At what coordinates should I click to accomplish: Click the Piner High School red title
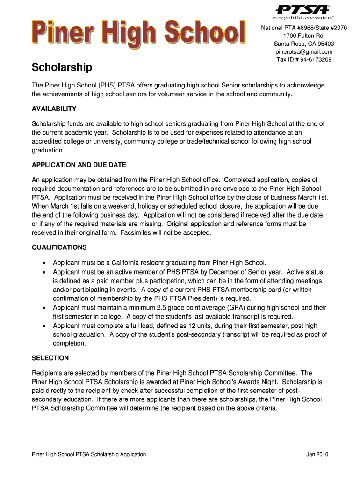[139, 34]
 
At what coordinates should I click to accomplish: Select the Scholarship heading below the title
[62, 68]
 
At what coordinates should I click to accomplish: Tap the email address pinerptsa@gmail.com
[304, 52]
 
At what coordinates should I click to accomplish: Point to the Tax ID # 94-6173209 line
[304, 60]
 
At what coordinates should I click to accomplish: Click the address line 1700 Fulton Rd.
[304, 36]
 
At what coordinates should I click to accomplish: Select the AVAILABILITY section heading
[54, 109]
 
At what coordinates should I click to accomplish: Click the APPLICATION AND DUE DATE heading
[79, 165]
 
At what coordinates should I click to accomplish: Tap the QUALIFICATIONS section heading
[59, 247]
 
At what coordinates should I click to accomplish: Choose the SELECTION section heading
[50, 358]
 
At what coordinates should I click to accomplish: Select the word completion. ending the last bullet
[70, 344]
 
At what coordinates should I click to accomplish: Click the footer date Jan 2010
[317, 455]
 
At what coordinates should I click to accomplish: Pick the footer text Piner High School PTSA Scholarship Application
[89, 455]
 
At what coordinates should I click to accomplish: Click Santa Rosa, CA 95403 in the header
[304, 44]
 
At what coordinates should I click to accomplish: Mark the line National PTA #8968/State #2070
[304, 28]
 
